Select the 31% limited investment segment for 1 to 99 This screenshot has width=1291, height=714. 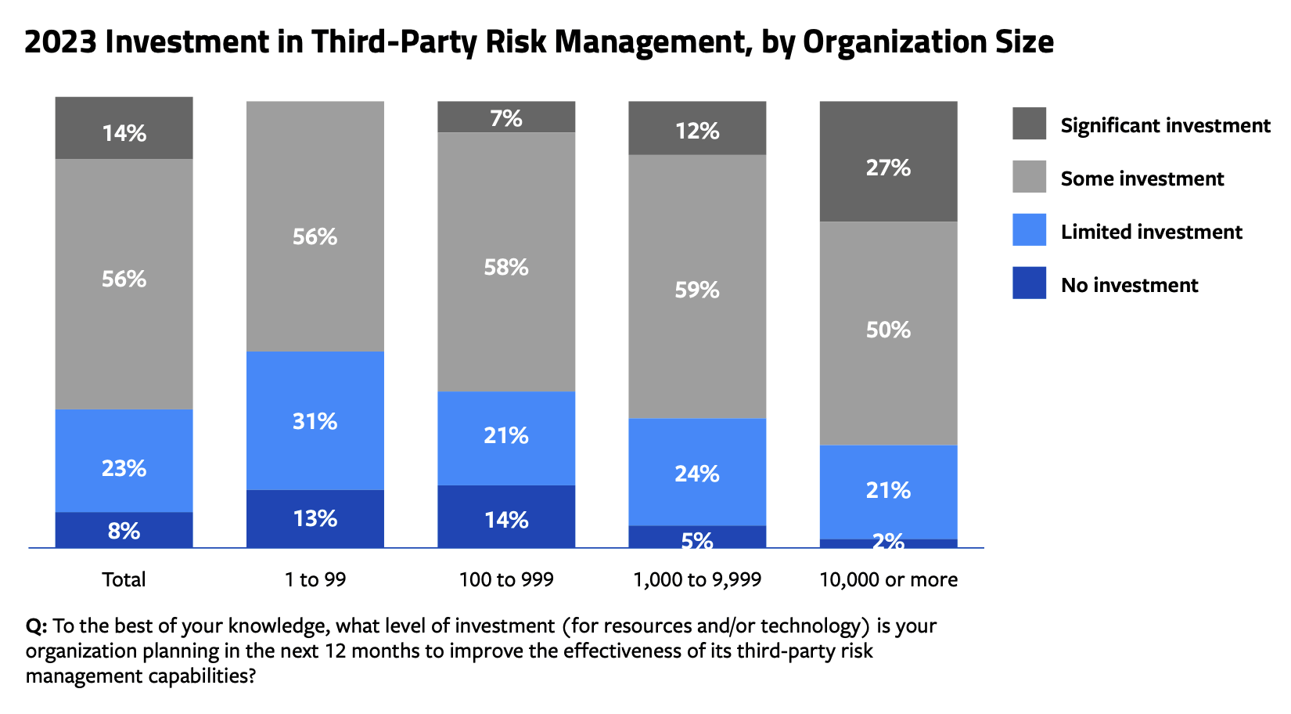click(x=315, y=421)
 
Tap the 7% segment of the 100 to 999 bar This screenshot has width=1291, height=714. click(x=506, y=117)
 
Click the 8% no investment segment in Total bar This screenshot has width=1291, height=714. click(x=124, y=530)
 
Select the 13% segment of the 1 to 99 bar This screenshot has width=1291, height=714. click(x=315, y=518)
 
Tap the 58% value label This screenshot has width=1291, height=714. click(x=506, y=267)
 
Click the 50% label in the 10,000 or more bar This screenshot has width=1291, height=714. click(x=888, y=330)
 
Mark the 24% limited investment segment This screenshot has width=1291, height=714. click(x=697, y=473)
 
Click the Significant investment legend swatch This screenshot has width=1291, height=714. click(x=1029, y=124)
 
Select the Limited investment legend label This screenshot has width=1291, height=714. click(x=1151, y=232)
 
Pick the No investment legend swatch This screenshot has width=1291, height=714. click(x=1029, y=283)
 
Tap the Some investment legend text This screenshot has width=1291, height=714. click(x=1142, y=178)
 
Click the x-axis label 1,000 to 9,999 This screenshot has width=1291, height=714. click(x=697, y=580)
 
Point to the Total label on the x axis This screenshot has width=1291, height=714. click(x=124, y=580)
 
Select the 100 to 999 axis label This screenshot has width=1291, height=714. click(x=506, y=580)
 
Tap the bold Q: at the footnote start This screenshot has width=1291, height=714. click(x=37, y=626)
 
